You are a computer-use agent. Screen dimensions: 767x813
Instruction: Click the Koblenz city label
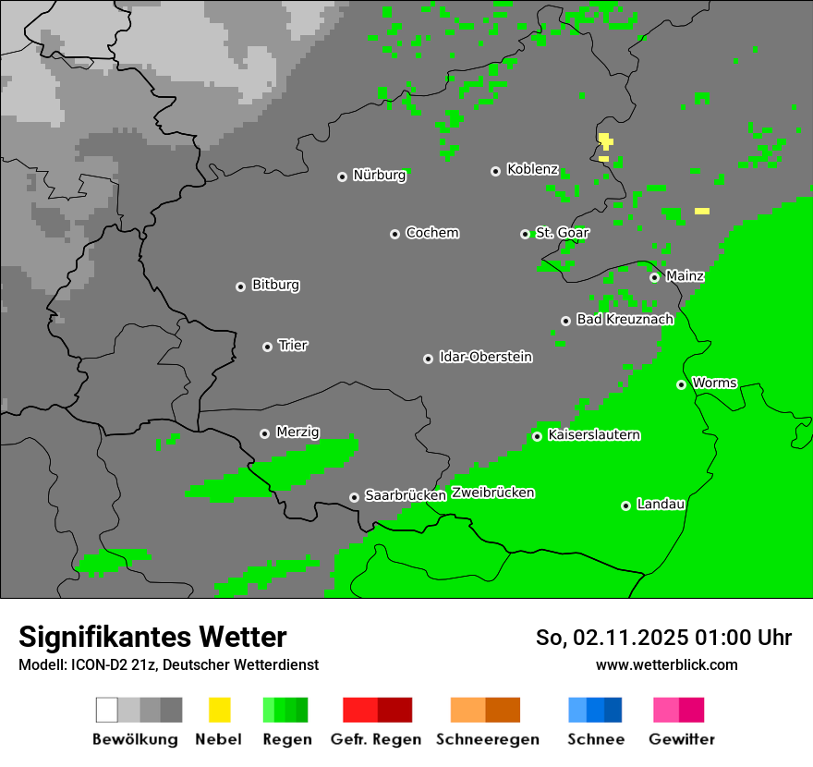click(532, 170)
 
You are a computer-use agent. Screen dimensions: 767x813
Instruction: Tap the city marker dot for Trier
click(267, 347)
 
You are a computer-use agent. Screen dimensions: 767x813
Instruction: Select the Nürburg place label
click(379, 176)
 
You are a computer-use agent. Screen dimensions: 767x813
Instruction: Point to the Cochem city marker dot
click(394, 234)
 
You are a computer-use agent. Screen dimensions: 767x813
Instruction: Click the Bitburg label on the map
click(275, 286)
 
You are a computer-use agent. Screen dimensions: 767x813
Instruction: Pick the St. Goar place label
click(562, 233)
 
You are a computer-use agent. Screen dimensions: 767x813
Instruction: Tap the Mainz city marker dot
click(654, 277)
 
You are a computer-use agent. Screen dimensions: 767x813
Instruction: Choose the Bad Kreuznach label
click(625, 320)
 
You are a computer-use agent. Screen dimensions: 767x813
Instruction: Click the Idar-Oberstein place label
click(485, 358)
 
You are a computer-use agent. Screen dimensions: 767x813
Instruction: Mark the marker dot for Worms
click(681, 384)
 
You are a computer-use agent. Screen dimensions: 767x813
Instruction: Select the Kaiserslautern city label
click(593, 435)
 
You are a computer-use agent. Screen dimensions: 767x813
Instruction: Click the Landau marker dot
click(625, 505)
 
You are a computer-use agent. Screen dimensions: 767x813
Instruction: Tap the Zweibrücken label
click(492, 493)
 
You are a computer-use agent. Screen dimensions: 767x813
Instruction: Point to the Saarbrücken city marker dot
click(354, 497)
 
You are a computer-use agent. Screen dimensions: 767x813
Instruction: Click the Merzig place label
click(297, 432)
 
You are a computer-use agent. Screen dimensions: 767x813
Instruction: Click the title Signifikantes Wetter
click(152, 638)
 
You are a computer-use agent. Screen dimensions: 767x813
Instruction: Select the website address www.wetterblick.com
click(666, 665)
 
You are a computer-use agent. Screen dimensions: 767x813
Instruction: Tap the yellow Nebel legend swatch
click(219, 710)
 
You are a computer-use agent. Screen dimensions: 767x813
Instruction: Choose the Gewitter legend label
click(681, 739)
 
